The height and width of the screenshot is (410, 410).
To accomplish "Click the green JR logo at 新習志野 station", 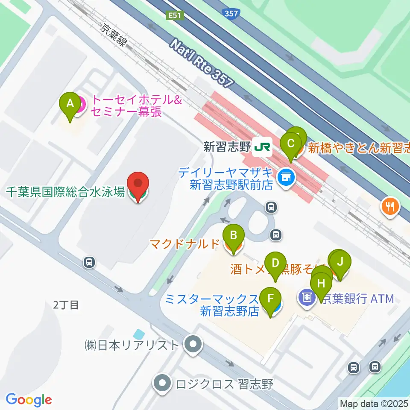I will click(262, 147).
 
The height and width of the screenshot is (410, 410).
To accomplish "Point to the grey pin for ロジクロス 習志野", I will click(163, 382).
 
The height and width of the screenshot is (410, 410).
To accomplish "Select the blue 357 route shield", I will click(231, 14).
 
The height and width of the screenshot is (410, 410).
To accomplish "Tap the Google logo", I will click(29, 400).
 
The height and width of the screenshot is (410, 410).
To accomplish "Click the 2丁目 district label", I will click(66, 305).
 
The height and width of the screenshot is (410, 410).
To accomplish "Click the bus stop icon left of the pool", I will click(89, 262).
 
